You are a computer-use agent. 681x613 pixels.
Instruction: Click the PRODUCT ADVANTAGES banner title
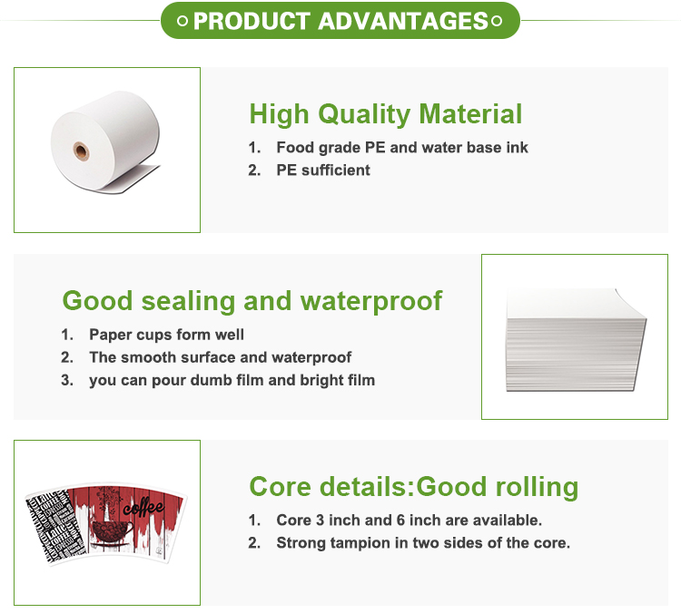point(340,21)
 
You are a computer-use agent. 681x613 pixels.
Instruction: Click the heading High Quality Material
point(385,114)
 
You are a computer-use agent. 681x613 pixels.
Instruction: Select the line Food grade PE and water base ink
point(401,147)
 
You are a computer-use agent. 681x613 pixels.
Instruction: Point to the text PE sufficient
point(323,170)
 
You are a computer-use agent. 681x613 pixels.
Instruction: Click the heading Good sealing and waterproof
point(252,300)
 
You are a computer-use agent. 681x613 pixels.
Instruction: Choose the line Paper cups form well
point(166,334)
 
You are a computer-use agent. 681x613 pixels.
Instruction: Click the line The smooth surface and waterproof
point(220,357)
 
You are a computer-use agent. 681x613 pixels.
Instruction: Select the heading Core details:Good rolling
point(413,487)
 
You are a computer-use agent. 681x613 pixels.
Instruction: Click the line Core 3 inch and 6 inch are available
point(409,521)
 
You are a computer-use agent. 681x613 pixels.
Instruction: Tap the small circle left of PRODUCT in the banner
point(183,22)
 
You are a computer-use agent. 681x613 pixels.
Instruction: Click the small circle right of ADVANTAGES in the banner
point(497,22)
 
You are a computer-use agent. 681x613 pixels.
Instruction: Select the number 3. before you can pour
point(67,380)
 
